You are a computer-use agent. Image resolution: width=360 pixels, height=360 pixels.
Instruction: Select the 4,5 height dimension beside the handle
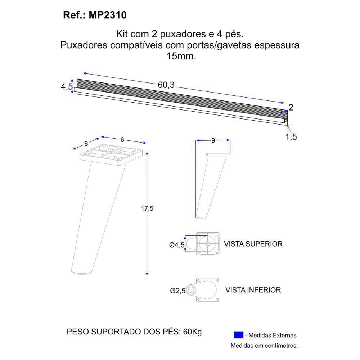coord(67,87)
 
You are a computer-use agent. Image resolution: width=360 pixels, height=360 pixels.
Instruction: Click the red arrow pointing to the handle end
coord(287,125)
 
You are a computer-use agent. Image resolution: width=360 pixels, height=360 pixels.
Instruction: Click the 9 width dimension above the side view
coord(213,140)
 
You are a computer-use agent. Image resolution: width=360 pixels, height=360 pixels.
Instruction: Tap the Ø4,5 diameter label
coord(177,245)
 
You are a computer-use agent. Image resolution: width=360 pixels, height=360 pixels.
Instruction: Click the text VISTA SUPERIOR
coord(253,244)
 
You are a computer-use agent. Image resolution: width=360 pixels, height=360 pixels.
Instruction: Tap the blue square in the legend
coord(238,335)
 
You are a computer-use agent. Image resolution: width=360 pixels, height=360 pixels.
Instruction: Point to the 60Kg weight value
coord(192,332)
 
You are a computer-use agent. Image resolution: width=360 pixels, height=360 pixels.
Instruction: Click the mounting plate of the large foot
coord(113,154)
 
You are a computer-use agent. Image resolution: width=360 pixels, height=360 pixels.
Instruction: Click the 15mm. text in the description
coord(181,57)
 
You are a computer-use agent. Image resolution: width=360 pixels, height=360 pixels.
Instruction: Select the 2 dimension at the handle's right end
coord(291,107)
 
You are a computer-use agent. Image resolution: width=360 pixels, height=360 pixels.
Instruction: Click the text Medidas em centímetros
coord(264,346)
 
